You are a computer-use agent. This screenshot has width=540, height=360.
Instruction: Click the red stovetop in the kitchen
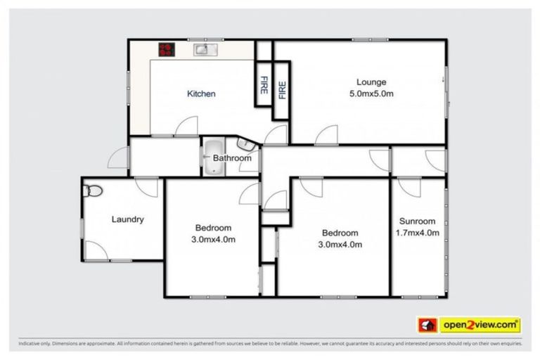[x=167, y=49]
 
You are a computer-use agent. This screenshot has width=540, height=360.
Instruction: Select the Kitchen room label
[x=201, y=94]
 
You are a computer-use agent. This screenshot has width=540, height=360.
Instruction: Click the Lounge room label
[x=371, y=82]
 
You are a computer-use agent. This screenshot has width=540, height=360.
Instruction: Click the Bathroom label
[x=232, y=158]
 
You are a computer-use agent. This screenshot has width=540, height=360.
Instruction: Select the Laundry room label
[x=128, y=219]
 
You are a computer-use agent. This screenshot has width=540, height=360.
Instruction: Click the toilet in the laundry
[x=91, y=190]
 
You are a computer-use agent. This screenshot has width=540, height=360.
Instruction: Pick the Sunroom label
[x=418, y=221]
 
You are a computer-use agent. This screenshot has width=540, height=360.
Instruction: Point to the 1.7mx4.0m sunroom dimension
[x=418, y=233]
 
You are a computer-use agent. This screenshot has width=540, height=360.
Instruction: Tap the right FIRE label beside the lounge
[x=283, y=90]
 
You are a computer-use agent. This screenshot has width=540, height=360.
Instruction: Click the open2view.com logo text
[x=480, y=325]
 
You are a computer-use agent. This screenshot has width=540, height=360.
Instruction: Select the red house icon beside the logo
[x=427, y=325]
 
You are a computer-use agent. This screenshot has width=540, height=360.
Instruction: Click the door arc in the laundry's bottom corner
[x=96, y=251]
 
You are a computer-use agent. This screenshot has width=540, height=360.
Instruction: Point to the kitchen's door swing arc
[x=187, y=127]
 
